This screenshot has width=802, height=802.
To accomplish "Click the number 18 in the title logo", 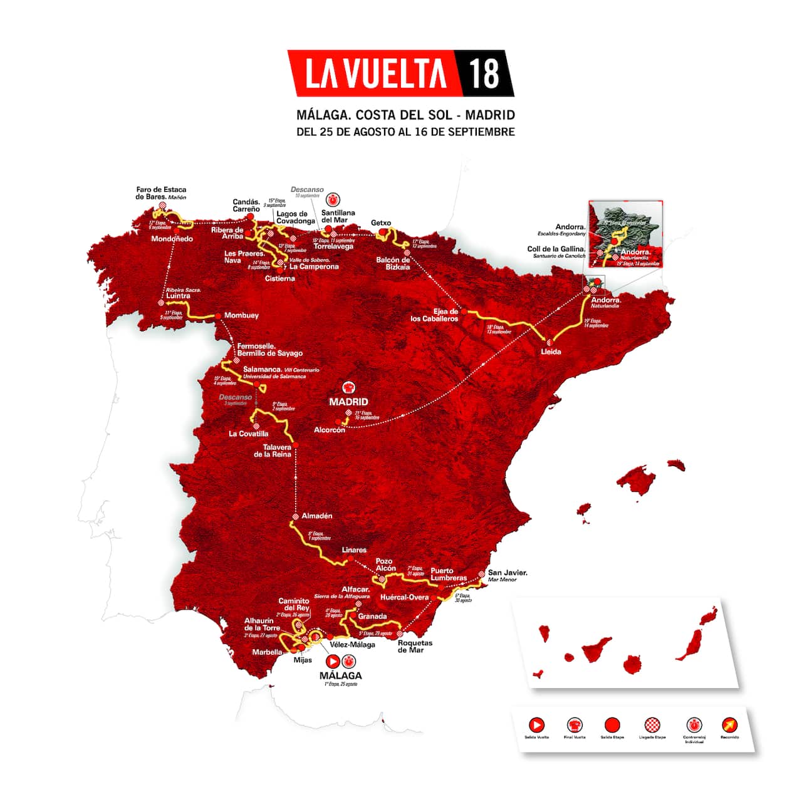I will coord(484,74).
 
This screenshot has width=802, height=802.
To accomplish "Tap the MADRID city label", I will coord(348,402).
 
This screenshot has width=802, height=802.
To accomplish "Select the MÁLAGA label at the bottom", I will coord(340,675).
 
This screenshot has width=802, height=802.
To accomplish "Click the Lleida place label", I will coord(551,352).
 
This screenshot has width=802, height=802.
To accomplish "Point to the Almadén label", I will coord(317,516).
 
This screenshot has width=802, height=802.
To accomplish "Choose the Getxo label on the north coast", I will coord(381,222).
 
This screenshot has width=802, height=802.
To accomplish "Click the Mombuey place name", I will coord(241,315).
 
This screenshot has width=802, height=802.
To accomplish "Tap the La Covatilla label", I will coord(249,434).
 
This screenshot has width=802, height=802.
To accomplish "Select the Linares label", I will coord(354,549).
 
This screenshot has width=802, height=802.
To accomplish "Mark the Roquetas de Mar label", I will coord(415,646).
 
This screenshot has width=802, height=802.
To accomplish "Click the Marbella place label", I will coord(268,652).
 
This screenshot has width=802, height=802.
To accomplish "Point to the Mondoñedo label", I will coord(172,239).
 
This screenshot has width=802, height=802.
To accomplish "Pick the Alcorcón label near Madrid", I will coord(330,430).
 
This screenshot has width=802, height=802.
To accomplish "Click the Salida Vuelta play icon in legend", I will coord(536,725).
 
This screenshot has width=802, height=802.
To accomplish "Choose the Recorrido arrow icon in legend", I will coord(729,725).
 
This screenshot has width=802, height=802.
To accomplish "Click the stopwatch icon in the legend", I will coord(693,725).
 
